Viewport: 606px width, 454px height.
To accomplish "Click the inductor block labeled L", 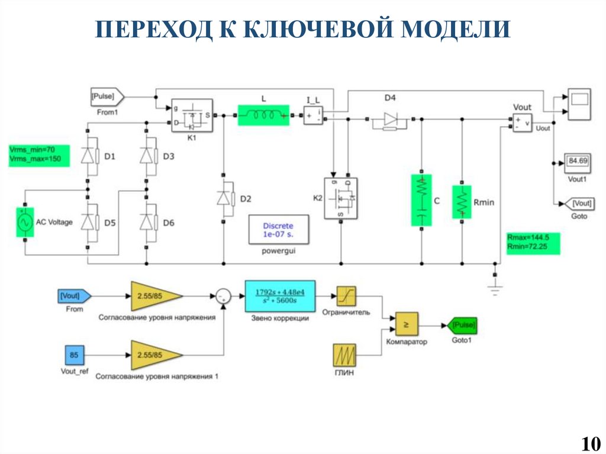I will [264, 115].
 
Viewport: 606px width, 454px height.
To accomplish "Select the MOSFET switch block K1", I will [192, 115].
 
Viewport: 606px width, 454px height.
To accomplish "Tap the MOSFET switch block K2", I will [341, 198].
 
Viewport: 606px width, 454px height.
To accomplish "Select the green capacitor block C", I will [421, 200].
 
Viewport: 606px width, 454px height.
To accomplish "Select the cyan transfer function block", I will [280, 296].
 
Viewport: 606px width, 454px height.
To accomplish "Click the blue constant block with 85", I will [74, 356].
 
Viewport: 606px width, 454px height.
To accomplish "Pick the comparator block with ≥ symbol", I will [406, 324].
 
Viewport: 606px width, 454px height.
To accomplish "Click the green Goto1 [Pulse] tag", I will [463, 326].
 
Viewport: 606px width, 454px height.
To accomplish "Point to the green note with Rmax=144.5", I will [532, 244].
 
